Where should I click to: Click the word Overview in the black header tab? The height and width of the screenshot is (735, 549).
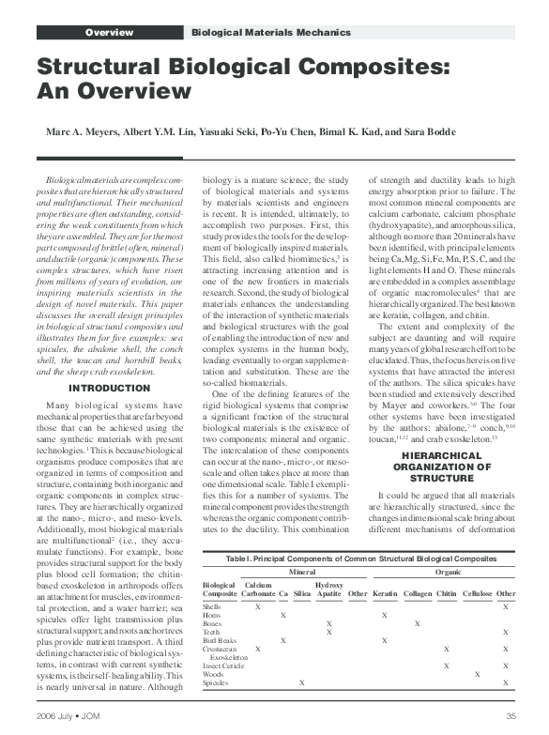click(109, 33)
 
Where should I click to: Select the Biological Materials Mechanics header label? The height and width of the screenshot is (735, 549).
click(270, 33)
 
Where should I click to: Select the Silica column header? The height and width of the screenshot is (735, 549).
click(301, 594)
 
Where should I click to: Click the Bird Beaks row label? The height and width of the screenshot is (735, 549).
click(219, 639)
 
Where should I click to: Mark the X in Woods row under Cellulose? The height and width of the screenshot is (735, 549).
click(478, 673)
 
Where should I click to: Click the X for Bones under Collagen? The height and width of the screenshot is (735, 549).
click(416, 623)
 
